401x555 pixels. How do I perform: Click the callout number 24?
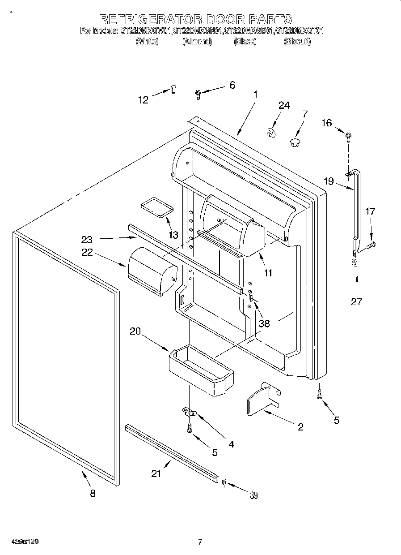coord(284,106)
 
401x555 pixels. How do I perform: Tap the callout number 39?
coord(253,495)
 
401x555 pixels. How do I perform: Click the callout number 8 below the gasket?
coord(93,493)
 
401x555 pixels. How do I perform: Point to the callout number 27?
coord(356,301)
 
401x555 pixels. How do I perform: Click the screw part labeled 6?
coord(198,94)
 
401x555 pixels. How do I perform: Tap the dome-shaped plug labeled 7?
coord(295,142)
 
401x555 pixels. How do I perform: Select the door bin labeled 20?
coord(201,373)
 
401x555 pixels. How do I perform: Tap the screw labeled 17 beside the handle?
coord(371,245)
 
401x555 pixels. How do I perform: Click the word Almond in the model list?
coord(197,41)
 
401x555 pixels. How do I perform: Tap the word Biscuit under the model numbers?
coord(297,41)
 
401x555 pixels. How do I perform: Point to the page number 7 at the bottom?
coord(200,542)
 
